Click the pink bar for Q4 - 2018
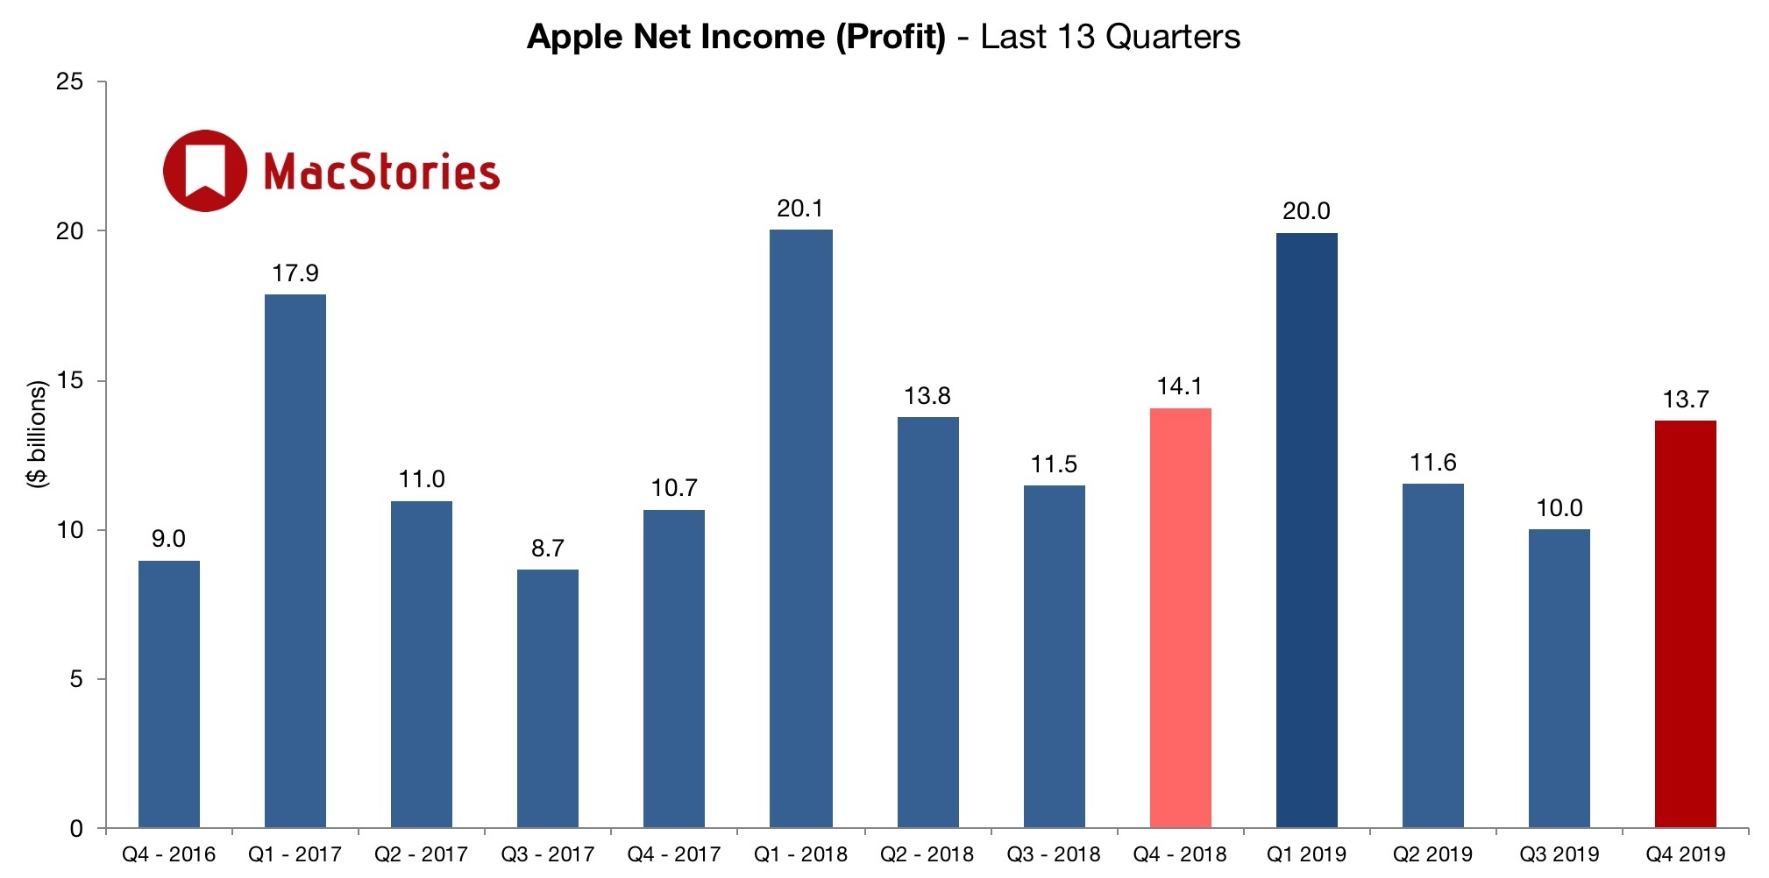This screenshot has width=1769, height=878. coord(1180,618)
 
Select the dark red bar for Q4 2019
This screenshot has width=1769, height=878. coord(1685,624)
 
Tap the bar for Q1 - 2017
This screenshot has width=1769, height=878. coord(295,561)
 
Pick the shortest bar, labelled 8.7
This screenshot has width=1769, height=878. coord(548,698)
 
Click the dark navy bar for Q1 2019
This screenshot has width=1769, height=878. coord(1306,530)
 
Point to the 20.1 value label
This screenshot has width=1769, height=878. coord(799,209)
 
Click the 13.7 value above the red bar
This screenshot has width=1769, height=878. coord(1685,400)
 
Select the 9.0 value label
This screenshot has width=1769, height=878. coord(168,539)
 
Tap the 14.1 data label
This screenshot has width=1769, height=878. coord(1179,386)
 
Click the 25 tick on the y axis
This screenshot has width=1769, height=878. coord(69,81)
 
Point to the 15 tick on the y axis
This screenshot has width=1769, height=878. coord(69,380)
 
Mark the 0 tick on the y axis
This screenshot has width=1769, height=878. coord(76,828)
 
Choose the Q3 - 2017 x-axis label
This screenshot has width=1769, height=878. coord(547,854)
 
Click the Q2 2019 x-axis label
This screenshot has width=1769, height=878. coord(1432,854)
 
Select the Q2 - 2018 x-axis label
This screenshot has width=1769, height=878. coord(927,854)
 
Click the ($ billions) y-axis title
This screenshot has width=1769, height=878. coord(37,434)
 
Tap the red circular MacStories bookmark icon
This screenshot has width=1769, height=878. coord(205,171)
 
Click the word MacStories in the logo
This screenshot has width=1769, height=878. coord(381,172)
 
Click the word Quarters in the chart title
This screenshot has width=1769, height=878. coord(1172,37)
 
